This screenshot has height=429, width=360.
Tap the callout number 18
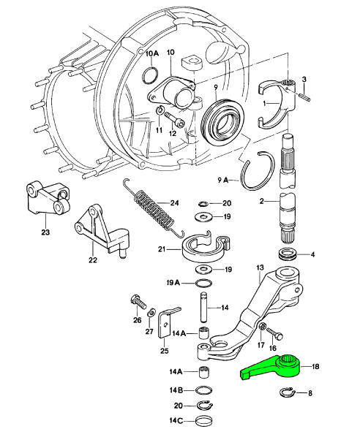[315, 366]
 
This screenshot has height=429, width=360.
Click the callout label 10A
[151, 53]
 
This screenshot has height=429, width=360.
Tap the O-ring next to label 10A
[150, 75]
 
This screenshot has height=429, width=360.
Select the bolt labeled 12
[175, 120]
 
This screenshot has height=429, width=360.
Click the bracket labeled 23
[48, 198]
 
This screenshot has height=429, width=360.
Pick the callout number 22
[93, 259]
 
